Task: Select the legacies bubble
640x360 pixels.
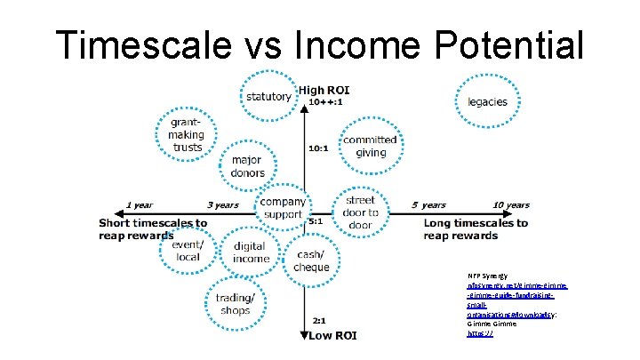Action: pyautogui.click(x=486, y=100)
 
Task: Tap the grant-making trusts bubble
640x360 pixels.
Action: pyautogui.click(x=186, y=134)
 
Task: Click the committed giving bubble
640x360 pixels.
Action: pyautogui.click(x=370, y=147)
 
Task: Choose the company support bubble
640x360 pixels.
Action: pyautogui.click(x=283, y=209)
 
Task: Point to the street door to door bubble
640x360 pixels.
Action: pyautogui.click(x=361, y=212)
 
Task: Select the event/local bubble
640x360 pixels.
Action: pyautogui.click(x=188, y=251)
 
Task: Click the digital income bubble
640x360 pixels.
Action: pyautogui.click(x=251, y=252)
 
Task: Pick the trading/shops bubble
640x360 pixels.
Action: pyautogui.click(x=234, y=304)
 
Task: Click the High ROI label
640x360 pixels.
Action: pyautogui.click(x=324, y=90)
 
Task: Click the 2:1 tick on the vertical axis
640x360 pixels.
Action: pyautogui.click(x=317, y=320)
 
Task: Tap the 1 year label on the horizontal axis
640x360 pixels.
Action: pyautogui.click(x=140, y=205)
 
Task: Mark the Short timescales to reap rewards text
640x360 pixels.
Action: pyautogui.click(x=153, y=229)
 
